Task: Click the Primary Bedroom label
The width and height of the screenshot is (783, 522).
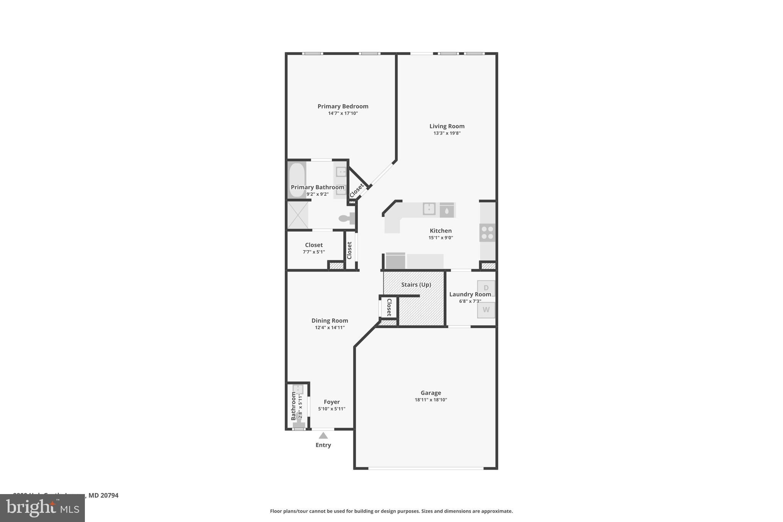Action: pos(343,106)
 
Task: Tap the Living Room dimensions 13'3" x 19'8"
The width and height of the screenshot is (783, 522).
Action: pos(447,133)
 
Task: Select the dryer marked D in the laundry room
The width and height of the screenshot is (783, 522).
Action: pos(486,288)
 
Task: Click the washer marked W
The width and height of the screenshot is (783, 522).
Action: pos(486,310)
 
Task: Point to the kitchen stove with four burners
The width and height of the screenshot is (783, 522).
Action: pos(487,233)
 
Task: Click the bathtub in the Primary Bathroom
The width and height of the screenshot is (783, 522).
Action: pos(297,180)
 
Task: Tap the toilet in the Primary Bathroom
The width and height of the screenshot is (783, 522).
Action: pos(346,218)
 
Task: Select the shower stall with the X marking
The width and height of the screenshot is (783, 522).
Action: pos(298,215)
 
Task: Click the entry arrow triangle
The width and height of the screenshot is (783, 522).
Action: pos(323,436)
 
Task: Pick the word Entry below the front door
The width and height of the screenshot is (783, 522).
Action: pos(323,445)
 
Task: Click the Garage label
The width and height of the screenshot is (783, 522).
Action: pos(430,393)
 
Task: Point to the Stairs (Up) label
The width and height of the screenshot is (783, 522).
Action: pos(416,285)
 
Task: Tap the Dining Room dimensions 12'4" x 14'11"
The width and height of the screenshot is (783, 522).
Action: pos(330,327)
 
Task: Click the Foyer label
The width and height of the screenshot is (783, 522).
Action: pos(331,402)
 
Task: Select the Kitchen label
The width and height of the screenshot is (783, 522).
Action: pos(440,231)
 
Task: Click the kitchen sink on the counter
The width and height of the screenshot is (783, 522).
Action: pos(429,209)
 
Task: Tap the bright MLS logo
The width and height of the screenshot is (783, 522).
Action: pos(42,508)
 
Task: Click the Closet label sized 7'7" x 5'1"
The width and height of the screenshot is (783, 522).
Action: pos(314,245)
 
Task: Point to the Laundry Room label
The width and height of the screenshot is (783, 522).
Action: pos(470,294)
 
